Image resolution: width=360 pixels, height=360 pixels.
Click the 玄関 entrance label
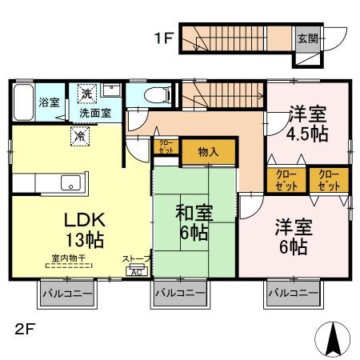coord(307,38)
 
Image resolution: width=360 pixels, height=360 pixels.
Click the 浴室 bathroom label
coord(49,102)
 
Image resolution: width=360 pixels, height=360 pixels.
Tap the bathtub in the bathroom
coord(23,102)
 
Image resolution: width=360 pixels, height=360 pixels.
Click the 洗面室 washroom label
coord(94,114)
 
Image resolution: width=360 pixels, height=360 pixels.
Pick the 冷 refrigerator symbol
coord(80,137)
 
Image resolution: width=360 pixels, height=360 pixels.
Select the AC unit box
coord(136,270)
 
